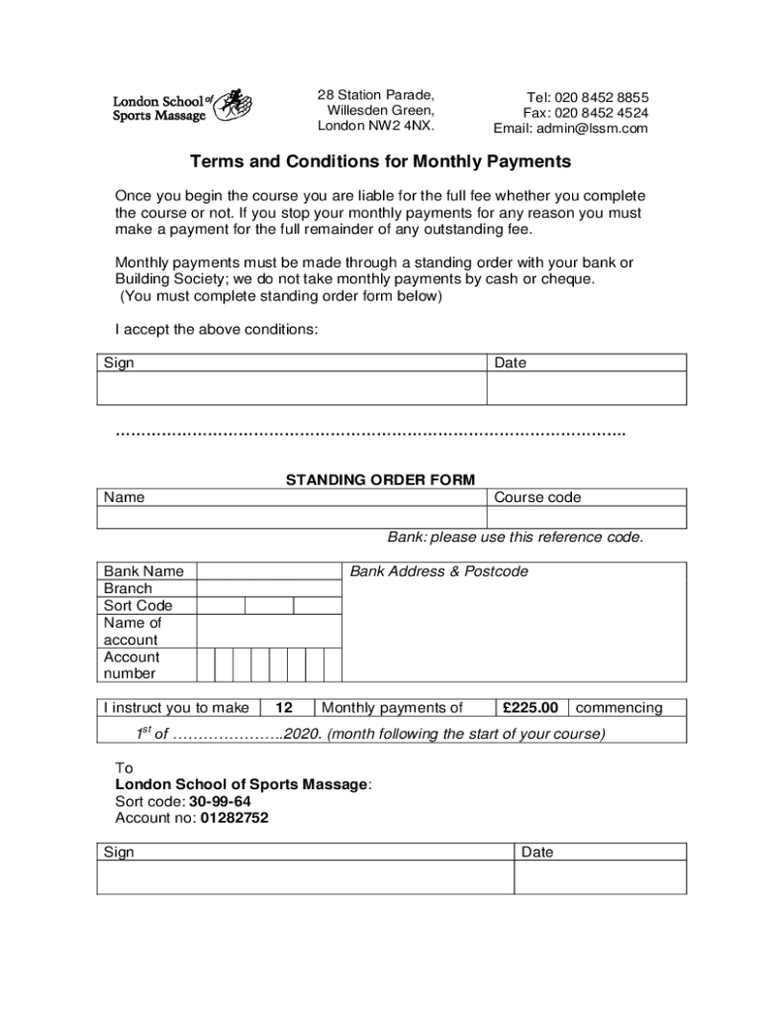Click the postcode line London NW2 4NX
[376, 126]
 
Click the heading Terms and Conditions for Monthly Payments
[381, 161]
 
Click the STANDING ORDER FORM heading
[381, 480]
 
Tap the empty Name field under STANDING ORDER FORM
[292, 518]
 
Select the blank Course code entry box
[587, 518]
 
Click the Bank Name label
[143, 571]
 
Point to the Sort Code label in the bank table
[138, 605]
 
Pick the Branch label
[128, 588]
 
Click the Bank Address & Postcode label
[439, 571]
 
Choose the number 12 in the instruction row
[284, 708]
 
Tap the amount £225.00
[530, 708]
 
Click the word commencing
[619, 708]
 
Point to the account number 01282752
[234, 818]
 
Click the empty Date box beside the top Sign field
[587, 388]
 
